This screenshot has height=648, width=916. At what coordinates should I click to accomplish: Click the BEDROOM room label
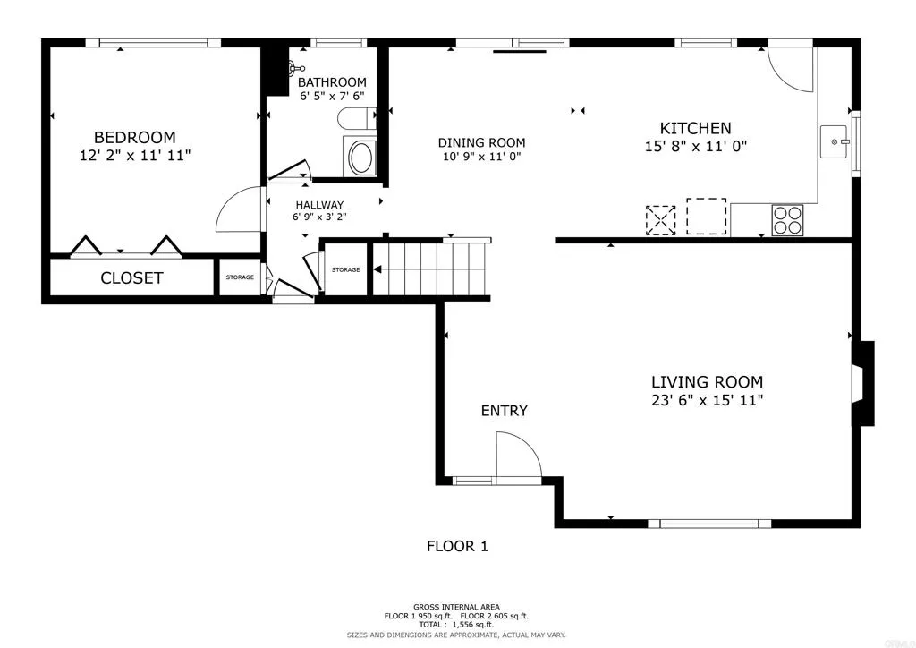134,137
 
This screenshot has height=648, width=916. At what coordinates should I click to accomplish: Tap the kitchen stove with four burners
788,219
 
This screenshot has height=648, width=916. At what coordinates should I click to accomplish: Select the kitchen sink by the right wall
835,141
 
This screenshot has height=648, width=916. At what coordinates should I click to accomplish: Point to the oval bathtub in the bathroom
361,158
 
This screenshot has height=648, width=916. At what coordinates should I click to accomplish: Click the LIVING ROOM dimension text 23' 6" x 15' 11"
707,400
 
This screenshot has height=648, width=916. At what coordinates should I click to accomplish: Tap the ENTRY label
504,411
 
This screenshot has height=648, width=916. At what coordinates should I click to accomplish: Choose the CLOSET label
131,277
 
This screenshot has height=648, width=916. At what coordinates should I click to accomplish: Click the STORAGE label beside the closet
240,277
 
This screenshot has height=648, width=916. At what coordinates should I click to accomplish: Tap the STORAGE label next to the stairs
345,269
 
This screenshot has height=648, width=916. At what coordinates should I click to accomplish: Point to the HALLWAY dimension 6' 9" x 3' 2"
318,217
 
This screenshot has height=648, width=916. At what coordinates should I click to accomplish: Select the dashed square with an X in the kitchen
660,220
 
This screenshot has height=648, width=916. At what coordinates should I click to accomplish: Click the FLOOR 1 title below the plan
457,546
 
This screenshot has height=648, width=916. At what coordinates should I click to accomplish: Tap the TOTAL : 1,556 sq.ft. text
456,625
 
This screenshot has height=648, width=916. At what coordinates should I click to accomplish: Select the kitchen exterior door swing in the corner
791,70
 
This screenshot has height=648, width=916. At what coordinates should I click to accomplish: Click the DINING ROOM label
481,143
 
